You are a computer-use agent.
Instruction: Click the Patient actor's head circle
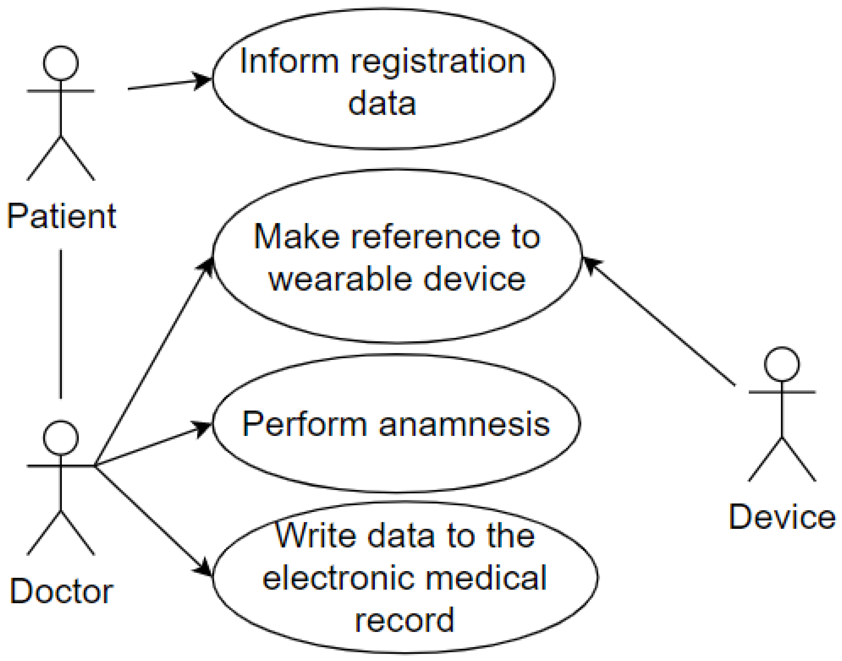[x=60, y=63]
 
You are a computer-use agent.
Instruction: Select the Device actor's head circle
[x=782, y=364]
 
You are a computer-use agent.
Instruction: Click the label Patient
[x=61, y=216]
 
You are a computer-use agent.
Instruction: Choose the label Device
[x=782, y=517]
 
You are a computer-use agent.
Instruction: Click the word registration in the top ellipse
[x=438, y=62]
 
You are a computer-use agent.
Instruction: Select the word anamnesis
[x=464, y=424]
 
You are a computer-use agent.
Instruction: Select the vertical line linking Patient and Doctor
[x=60, y=324]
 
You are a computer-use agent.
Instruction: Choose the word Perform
[x=304, y=424]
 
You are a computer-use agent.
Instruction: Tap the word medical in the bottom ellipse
[x=486, y=578]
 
